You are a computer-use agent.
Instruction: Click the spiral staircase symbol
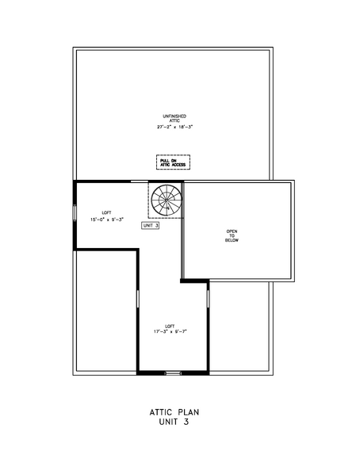[167, 199]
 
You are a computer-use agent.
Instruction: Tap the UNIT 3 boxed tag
[150, 226]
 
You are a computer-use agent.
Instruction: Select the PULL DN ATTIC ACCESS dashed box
[173, 162]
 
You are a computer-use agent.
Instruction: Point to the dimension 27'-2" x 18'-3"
[174, 127]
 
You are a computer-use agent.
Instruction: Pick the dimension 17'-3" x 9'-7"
[170, 331]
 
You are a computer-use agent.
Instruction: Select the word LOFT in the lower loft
[170, 325]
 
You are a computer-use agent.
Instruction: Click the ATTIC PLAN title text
[170, 412]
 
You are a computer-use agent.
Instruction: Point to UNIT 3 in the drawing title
[170, 422]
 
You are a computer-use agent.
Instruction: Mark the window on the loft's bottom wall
[172, 372]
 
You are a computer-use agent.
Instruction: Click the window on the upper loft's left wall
[75, 213]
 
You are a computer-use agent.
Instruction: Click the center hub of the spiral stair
[167, 199]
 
